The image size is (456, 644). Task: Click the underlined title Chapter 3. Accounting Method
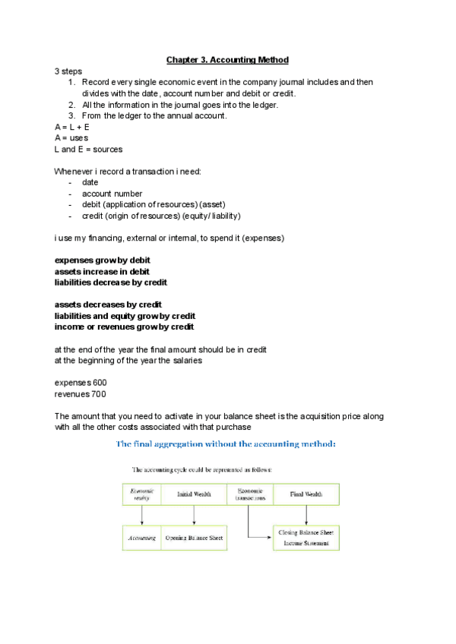[x=227, y=59]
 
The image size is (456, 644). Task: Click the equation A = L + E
[x=72, y=127]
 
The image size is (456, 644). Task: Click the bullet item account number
[x=112, y=194]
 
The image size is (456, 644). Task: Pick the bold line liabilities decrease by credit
[x=111, y=283]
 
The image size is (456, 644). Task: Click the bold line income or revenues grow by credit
[x=124, y=327]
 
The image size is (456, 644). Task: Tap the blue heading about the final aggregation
[x=231, y=443]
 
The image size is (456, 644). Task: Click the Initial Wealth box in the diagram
[x=195, y=494]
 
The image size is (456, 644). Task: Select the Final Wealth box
[x=306, y=494]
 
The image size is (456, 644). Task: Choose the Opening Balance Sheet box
[x=195, y=538]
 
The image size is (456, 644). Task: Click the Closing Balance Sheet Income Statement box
[x=306, y=538]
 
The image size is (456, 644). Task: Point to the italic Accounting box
[x=141, y=538]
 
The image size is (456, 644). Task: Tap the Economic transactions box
[x=250, y=494]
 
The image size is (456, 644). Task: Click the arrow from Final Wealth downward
[x=306, y=515]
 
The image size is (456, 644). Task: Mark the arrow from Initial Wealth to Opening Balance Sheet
[x=195, y=515]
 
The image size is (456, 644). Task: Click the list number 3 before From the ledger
[x=71, y=115]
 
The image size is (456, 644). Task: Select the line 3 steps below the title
[x=68, y=71]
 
